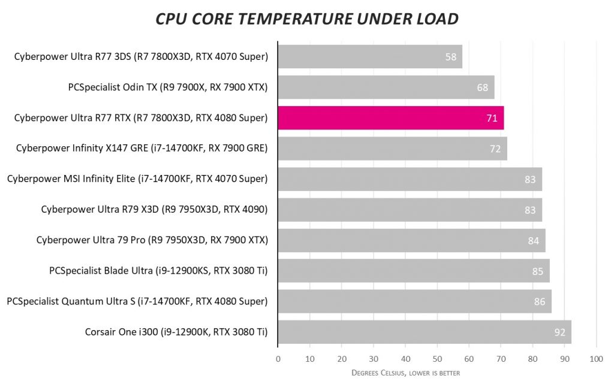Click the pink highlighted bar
coord(390,118)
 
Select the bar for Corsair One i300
coord(424,332)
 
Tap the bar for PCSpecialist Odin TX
coord(386,87)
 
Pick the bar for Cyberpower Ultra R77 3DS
coord(369,57)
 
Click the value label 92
coord(560,332)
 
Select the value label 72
coord(495,149)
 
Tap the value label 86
coord(540,301)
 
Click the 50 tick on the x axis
coord(437,359)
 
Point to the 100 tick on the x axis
coord(596,359)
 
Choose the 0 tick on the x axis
coord(278,359)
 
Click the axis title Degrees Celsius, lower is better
coord(405,373)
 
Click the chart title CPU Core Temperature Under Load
coord(307,19)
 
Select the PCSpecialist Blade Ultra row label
coord(158,271)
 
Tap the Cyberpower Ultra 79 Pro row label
coord(152,240)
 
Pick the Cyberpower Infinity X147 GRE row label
coord(142,149)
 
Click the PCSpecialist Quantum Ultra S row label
coord(137,301)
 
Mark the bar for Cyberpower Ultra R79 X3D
coord(410,210)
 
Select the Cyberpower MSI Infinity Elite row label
coord(137,179)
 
